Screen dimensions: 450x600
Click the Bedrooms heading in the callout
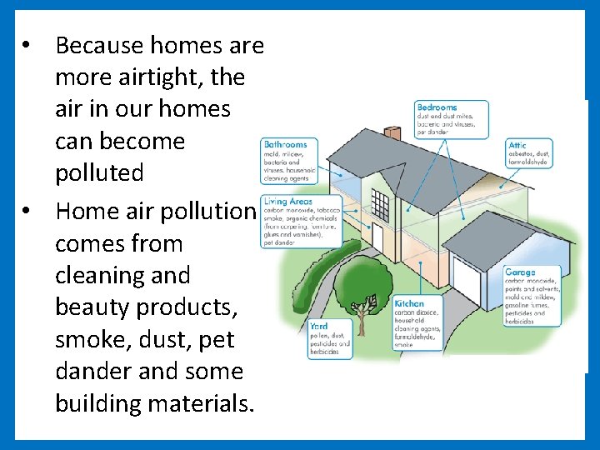tap(437, 107)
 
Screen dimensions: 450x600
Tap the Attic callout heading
tap(517, 146)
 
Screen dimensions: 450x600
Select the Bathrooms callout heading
tap(285, 144)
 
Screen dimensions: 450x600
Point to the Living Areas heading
tap(287, 202)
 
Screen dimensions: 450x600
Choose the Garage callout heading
tap(521, 272)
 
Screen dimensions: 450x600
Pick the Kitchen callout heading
tap(409, 304)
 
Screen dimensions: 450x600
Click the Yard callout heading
tap(318, 326)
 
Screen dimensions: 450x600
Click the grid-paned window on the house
tap(380, 204)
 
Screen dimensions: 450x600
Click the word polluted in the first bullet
tap(99, 172)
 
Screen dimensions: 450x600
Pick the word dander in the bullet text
tap(91, 371)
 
